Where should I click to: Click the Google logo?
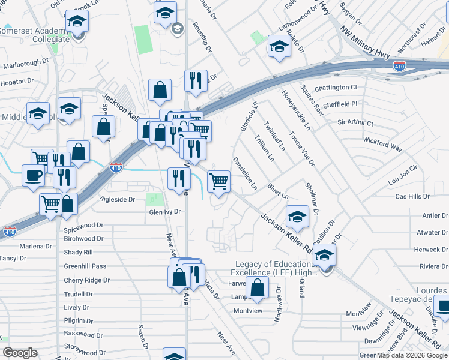click(x=20, y=353)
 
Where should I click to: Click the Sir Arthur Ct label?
click(x=355, y=123)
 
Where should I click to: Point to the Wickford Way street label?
click(x=382, y=143)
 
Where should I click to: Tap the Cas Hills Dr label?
click(x=412, y=196)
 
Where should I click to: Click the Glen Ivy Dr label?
click(x=165, y=212)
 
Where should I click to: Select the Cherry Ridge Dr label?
click(x=87, y=280)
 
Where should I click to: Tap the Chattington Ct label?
click(x=336, y=88)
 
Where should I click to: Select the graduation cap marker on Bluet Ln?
click(x=297, y=217)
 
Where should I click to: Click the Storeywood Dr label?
click(x=85, y=353)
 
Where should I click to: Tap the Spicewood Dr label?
click(x=84, y=230)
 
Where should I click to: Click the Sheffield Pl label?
click(x=340, y=104)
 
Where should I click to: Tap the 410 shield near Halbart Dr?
click(x=399, y=65)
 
